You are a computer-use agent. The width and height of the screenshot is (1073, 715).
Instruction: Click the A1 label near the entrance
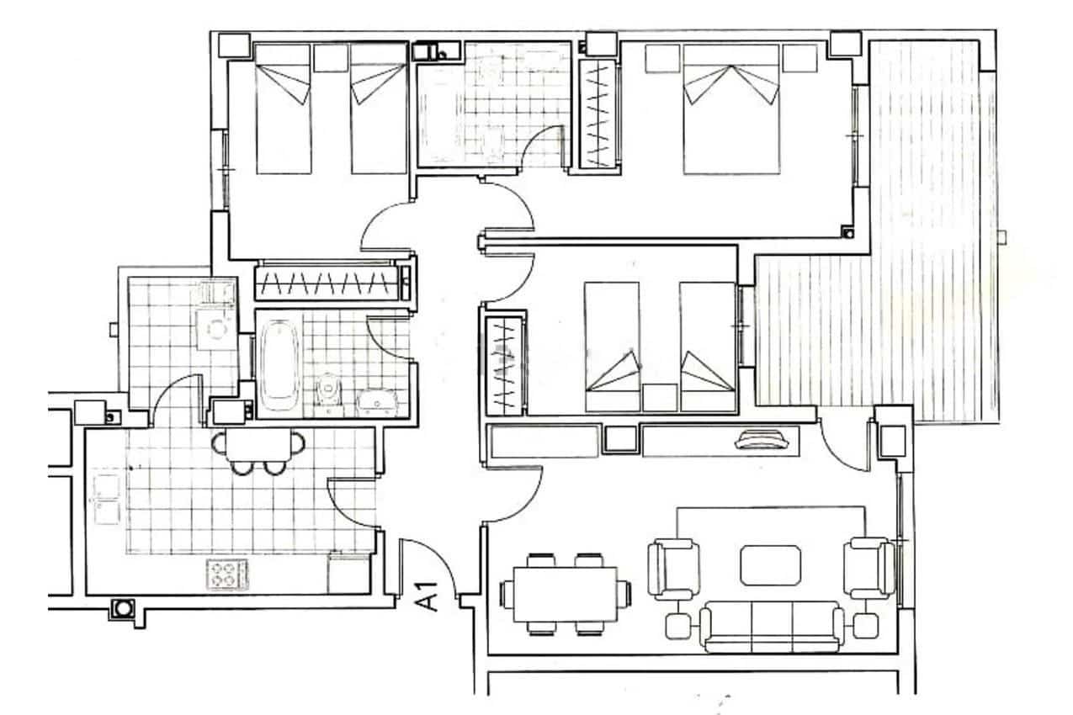click(x=428, y=596)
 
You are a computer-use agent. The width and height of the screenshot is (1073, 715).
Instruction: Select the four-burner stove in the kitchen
click(x=226, y=575)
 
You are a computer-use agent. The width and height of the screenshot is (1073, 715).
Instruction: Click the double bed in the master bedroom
click(x=730, y=109)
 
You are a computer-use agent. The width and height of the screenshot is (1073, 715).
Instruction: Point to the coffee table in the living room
click(x=770, y=564)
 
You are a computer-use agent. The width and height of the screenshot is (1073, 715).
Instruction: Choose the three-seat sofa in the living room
click(x=773, y=627)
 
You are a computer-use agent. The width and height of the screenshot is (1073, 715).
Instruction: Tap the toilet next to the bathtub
click(x=329, y=391)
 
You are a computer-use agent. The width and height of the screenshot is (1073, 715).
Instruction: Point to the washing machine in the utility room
click(x=215, y=330)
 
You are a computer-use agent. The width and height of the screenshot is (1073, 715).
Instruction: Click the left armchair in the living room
click(x=674, y=569)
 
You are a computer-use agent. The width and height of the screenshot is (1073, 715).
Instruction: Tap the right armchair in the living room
click(x=868, y=569)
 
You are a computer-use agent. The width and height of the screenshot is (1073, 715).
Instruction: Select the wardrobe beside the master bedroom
click(x=596, y=116)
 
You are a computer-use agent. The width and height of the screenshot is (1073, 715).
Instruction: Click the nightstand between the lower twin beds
click(x=659, y=397)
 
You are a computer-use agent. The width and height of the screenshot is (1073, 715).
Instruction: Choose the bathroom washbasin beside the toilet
click(x=378, y=402)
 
